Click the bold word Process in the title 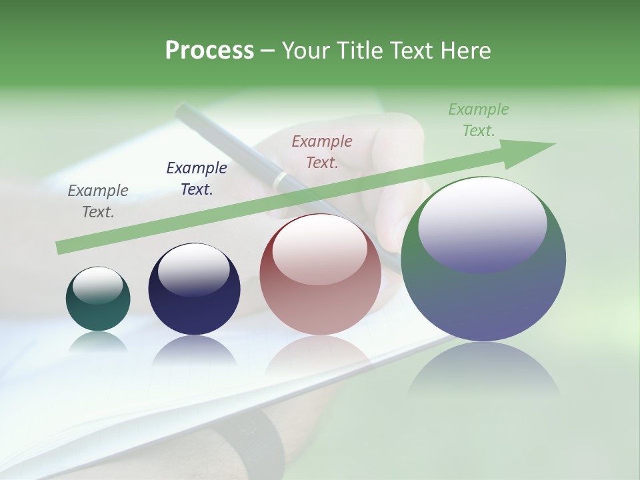[209, 51]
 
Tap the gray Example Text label [98, 201]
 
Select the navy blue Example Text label [196, 179]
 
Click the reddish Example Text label [322, 152]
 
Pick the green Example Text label [479, 120]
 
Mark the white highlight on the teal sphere [98, 285]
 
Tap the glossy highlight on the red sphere [319, 248]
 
